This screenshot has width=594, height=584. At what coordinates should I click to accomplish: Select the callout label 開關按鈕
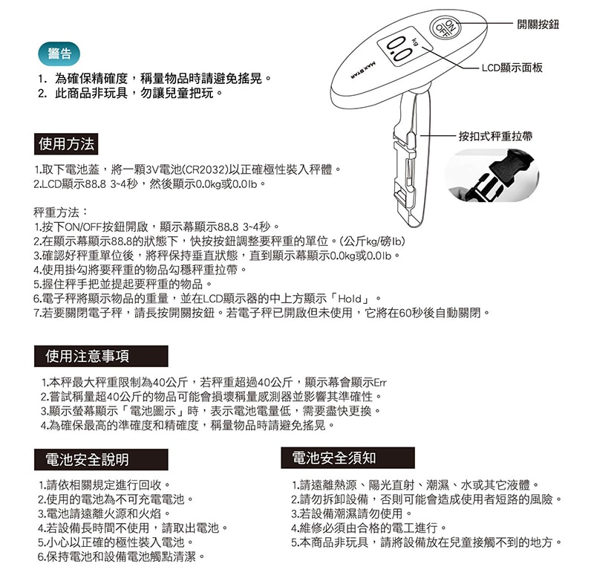[x=538, y=25]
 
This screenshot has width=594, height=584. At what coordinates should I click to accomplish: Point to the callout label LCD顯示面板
[x=512, y=68]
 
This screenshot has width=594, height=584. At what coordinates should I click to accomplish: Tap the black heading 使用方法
[x=67, y=143]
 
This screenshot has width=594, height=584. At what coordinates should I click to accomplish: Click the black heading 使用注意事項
[x=91, y=356]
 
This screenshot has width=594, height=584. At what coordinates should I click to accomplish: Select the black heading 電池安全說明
[x=87, y=459]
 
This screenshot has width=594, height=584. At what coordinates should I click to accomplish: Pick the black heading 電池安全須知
[x=334, y=458]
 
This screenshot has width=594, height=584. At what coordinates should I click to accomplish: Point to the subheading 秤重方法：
[x=62, y=211]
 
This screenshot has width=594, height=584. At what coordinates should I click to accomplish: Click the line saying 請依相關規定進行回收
[x=105, y=484]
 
